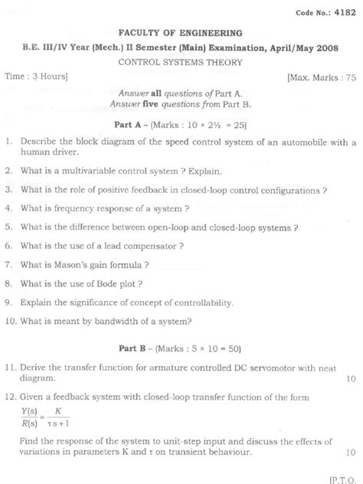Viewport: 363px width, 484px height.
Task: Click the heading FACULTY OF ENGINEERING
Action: [181, 34]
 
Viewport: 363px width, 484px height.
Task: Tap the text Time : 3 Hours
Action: [36, 77]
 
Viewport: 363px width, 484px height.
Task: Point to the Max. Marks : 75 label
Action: [322, 78]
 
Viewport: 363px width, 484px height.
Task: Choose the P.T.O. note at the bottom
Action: [342, 477]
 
